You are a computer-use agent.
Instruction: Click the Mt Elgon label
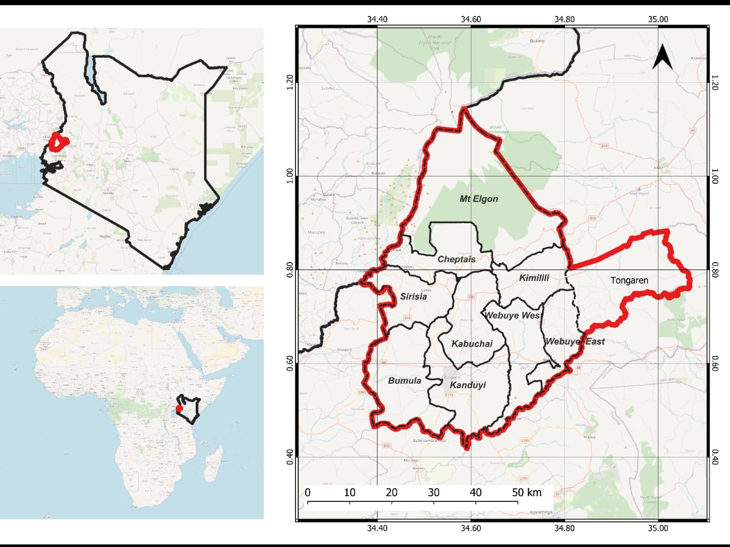478,199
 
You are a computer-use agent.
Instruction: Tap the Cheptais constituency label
456,259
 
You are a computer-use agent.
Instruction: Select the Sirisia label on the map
413,296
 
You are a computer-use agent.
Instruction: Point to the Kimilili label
534,277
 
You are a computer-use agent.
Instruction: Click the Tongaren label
629,280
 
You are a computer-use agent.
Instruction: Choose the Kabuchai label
472,343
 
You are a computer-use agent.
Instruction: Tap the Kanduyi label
468,385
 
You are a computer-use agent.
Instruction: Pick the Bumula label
404,380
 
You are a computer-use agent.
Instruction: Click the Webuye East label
575,341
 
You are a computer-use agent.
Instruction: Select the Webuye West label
512,315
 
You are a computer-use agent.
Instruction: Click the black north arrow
662,57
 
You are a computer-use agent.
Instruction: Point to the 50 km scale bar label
526,492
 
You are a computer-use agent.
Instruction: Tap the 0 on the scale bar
307,492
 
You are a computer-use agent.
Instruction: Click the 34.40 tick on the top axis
377,19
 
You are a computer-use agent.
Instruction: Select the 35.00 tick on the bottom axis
658,528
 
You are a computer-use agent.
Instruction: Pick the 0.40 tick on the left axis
290,457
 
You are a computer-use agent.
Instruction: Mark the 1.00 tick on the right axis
715,176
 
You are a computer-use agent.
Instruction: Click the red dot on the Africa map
179,408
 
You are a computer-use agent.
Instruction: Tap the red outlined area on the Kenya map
58,142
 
